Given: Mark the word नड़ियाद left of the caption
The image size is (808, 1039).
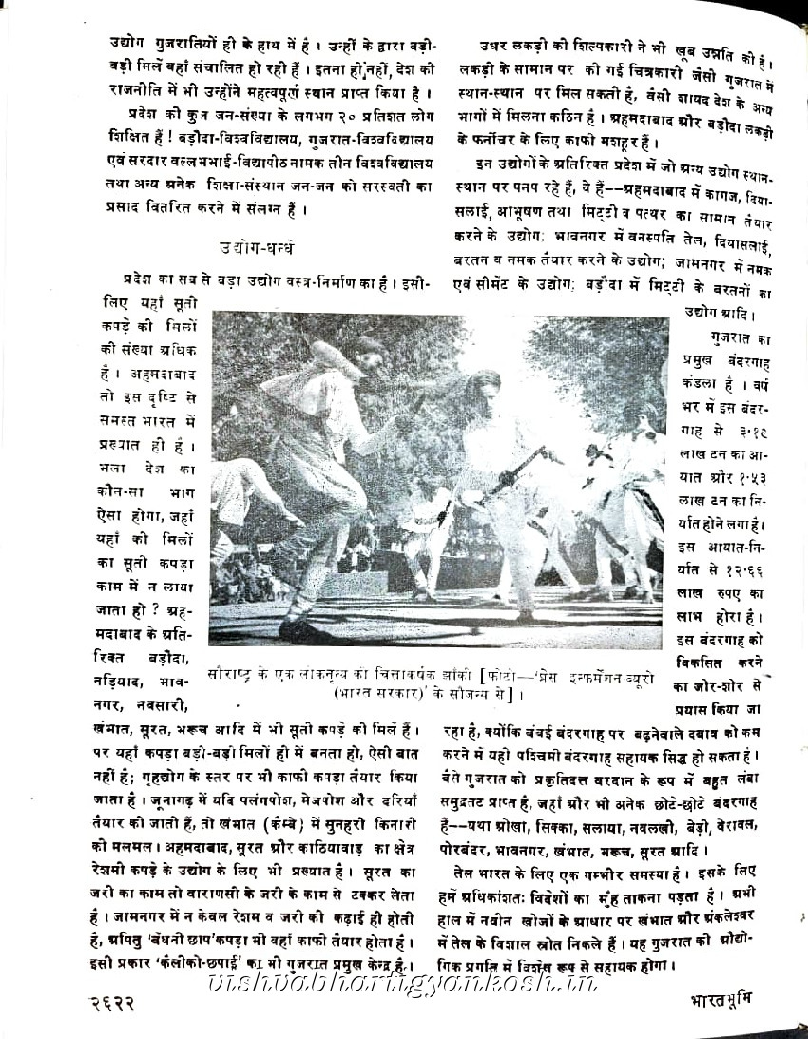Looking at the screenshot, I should pos(123,683).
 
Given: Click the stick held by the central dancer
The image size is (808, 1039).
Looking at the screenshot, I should pos(518,471).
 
